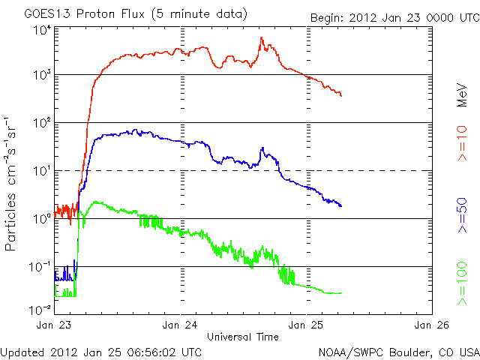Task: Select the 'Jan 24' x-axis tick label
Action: [x=181, y=325]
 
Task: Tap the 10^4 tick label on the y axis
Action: [x=41, y=30]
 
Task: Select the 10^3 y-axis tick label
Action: [x=41, y=76]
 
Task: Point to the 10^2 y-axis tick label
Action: [x=41, y=123]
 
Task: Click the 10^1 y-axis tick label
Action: [x=41, y=171]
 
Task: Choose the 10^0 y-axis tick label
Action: [x=41, y=219]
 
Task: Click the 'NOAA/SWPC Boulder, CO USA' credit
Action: [x=398, y=351]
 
